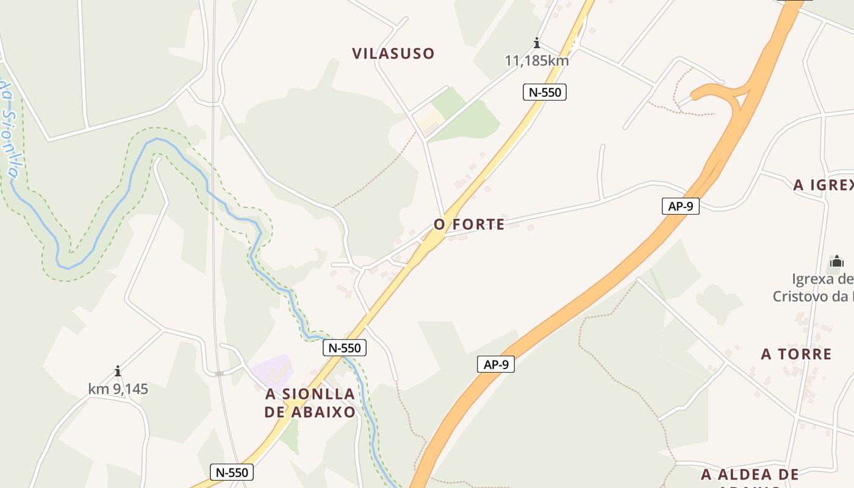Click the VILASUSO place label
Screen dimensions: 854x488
coord(393,54)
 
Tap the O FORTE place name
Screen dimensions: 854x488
coord(469,224)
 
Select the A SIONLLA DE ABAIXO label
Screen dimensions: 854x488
coord(310,403)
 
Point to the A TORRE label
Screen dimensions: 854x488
coord(796,354)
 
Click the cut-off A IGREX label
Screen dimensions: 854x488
coord(823,185)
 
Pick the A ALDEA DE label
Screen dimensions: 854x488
coord(750,475)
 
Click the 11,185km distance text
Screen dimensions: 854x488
coord(537,60)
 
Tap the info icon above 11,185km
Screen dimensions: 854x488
coord(537,43)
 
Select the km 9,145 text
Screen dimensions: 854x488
coord(118,389)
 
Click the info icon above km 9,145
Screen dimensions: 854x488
coord(117,371)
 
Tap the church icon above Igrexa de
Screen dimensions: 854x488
coord(836,262)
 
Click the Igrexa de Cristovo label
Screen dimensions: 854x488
coord(814,288)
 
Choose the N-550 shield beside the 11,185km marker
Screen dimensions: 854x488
coord(545,92)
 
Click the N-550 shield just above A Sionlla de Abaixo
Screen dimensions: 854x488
coord(345,348)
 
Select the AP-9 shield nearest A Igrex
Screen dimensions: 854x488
coord(680,206)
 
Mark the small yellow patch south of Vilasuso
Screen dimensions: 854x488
coord(431,119)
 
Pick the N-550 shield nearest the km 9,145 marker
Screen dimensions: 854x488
coord(232,472)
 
